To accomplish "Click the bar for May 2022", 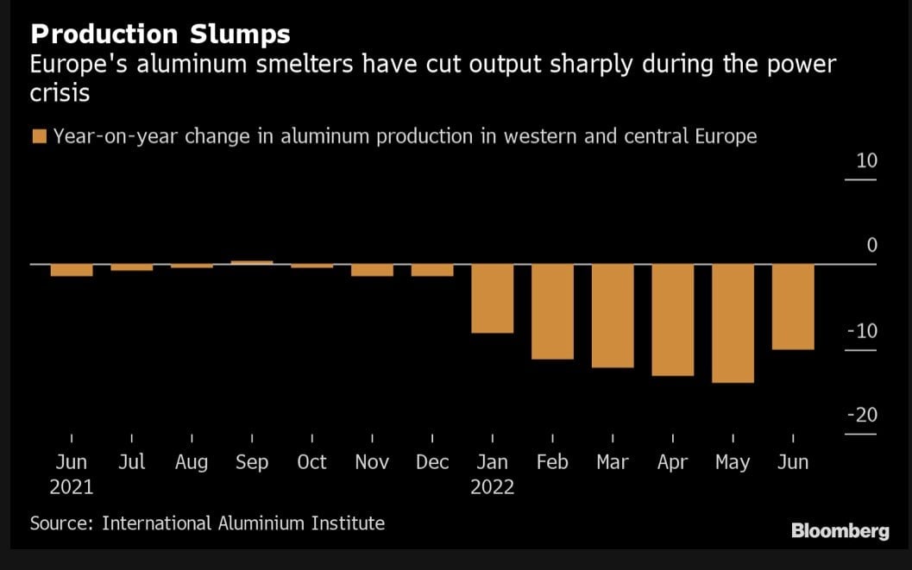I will point(733,323).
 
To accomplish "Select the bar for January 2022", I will point(492,298).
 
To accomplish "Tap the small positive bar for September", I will point(252,261).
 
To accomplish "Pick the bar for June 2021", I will point(72,270).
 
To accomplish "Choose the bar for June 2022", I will point(793,306).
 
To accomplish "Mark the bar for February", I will point(552,310).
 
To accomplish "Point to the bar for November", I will point(372,270).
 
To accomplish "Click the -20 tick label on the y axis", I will point(862,415).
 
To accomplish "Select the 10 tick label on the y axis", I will point(865,161).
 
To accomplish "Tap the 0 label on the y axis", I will point(871,246).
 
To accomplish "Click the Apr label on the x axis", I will point(672,462).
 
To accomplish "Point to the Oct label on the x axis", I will point(311,462).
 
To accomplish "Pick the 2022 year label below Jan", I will point(492,487).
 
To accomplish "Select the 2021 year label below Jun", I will point(72,487).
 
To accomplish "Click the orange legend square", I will point(38,136).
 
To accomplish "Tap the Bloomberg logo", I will point(840,531).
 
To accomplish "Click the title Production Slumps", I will point(160,34).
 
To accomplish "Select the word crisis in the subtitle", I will point(60,92).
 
